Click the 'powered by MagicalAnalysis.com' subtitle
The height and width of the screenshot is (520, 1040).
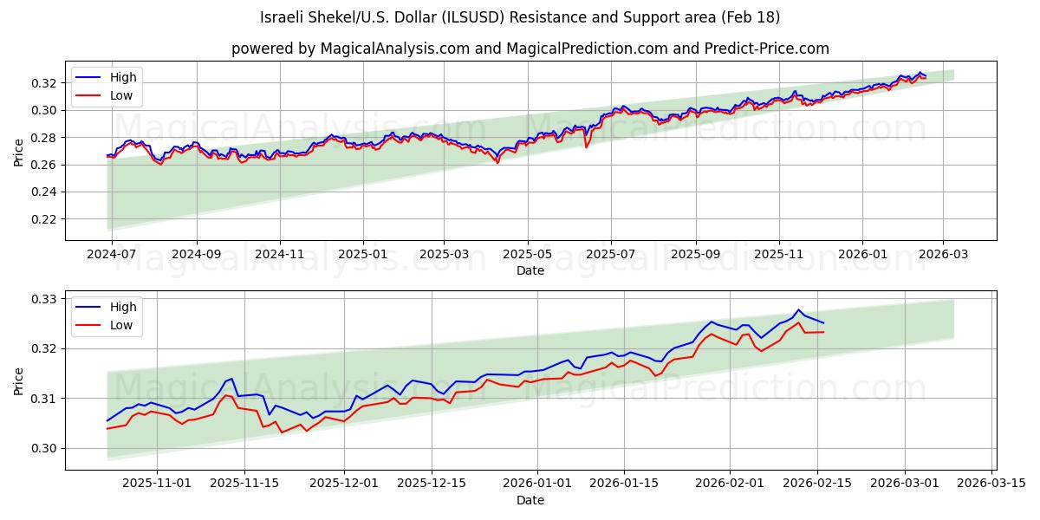(x=530, y=49)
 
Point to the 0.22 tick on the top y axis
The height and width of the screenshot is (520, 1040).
(x=44, y=219)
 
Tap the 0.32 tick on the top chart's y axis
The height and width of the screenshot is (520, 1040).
(x=44, y=83)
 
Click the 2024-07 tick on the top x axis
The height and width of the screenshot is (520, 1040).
(x=113, y=255)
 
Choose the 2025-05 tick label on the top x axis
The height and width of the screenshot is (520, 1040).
(x=527, y=255)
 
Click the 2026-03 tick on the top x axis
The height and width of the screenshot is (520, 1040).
(x=942, y=255)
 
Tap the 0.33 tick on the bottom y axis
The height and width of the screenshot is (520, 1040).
(x=44, y=299)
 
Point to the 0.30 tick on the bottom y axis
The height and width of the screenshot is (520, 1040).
(x=44, y=448)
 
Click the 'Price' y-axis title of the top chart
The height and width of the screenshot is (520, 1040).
(x=19, y=152)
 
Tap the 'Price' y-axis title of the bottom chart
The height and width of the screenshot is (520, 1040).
(x=19, y=380)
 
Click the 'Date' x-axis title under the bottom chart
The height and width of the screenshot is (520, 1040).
(x=530, y=500)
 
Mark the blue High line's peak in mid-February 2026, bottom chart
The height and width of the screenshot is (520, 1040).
(x=799, y=309)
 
